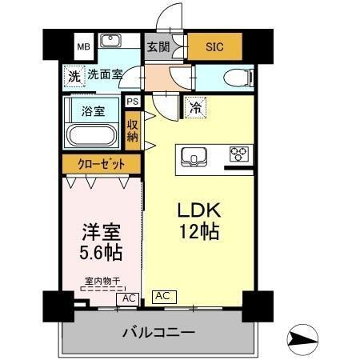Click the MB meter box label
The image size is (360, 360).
point(83,46)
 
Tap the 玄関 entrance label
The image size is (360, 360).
point(158,46)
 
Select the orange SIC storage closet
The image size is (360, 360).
point(214,46)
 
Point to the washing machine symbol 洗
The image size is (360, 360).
point(74,78)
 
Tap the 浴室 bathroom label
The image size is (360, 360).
point(94,110)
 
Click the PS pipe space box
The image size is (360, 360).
point(132,102)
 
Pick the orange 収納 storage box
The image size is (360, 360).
point(132,127)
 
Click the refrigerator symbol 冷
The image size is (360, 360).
point(194,105)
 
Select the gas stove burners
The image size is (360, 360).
point(240,154)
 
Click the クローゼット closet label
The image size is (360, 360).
point(102,164)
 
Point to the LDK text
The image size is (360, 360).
point(199,210)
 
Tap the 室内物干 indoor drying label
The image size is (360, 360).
point(102,281)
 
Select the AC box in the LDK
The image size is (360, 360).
point(162,295)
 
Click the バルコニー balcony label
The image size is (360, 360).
point(158,332)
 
